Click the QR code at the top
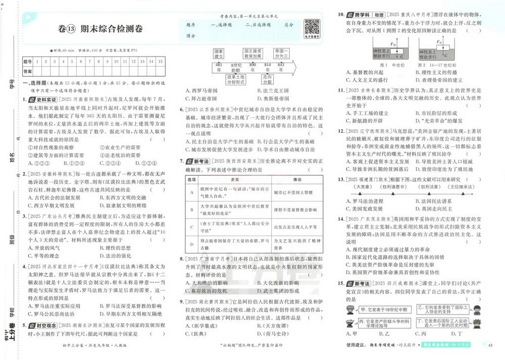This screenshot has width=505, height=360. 312,26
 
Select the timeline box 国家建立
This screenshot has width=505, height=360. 218,54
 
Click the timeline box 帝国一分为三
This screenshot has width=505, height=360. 281,54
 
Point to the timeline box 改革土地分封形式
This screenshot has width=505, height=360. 235,78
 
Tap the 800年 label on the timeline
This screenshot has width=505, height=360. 252,68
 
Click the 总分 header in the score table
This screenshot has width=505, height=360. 289,25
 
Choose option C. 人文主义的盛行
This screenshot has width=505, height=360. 367,80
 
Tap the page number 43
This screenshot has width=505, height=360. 490,345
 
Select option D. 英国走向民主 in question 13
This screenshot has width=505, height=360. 432,209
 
